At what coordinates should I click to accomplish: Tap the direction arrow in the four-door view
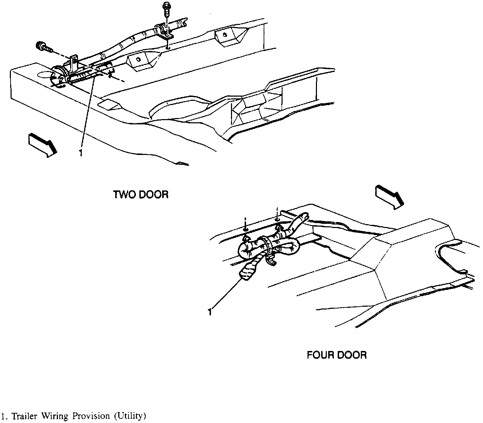click(x=389, y=197)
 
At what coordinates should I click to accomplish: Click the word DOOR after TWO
click(x=154, y=194)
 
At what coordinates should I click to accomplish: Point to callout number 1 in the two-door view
click(x=80, y=154)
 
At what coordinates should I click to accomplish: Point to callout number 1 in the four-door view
click(x=210, y=312)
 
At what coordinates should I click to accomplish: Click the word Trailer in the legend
click(x=26, y=416)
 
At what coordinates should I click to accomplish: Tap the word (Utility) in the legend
click(x=129, y=417)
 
